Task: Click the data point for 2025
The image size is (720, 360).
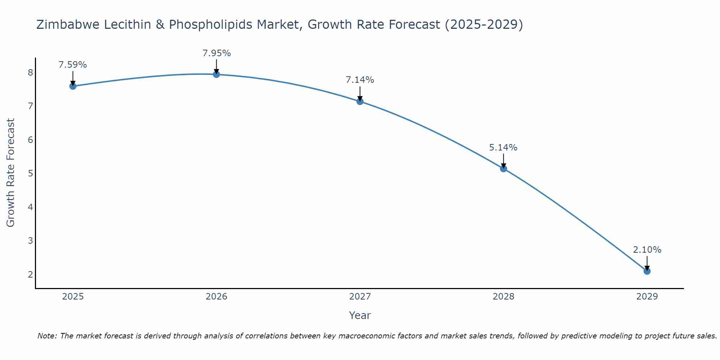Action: (73, 86)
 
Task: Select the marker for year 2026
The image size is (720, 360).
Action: (216, 74)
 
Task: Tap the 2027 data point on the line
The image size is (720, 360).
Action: (360, 101)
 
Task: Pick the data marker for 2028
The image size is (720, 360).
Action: (503, 168)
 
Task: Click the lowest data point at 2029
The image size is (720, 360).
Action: (647, 271)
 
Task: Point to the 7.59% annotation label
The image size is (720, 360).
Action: (73, 65)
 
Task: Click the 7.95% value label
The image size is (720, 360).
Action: (216, 53)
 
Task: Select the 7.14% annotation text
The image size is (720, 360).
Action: (360, 80)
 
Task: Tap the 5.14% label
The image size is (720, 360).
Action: (503, 147)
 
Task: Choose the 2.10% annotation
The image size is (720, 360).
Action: (647, 250)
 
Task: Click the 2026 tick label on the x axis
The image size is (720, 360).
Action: (216, 297)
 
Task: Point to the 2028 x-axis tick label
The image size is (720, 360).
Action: (503, 297)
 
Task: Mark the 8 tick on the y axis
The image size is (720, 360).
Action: (30, 73)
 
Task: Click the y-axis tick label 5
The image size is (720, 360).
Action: (30, 174)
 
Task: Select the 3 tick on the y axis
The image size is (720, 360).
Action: (30, 241)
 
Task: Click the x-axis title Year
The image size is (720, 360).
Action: (360, 315)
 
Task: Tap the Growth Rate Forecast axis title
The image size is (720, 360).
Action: (11, 173)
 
